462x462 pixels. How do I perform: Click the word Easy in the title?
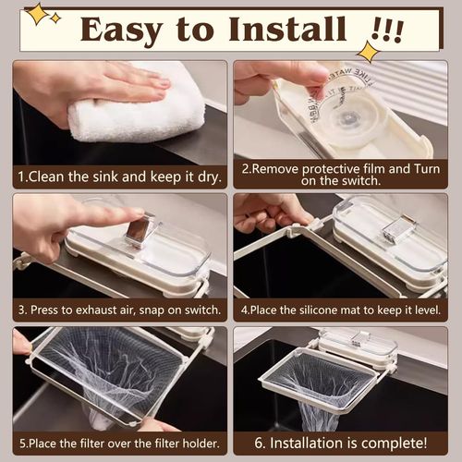tap(121, 30)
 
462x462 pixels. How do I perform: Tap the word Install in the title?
tap(287, 29)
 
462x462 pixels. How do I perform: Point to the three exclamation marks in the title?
tap(388, 30)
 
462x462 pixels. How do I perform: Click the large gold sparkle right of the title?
tap(369, 52)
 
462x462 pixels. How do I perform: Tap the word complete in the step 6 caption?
tap(394, 444)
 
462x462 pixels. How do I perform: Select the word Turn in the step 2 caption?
tap(426, 169)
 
